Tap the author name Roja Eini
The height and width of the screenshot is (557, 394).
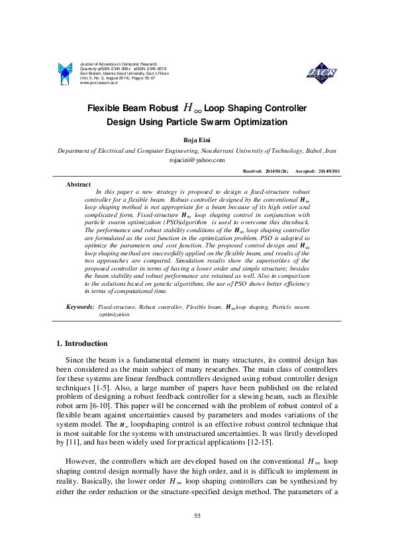197,140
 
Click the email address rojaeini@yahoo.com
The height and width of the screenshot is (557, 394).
197,159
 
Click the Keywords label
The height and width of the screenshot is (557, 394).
80,308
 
